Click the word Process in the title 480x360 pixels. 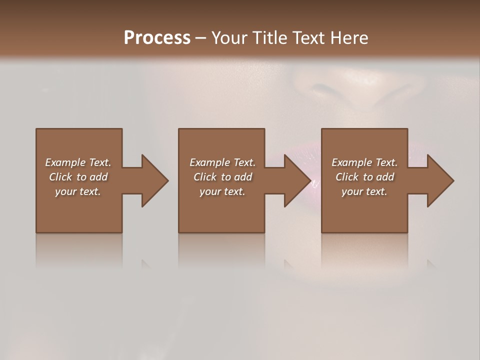(x=157, y=38)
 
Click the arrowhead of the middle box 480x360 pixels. (x=297, y=181)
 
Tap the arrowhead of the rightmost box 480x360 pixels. (x=440, y=181)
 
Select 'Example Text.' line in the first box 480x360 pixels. (x=78, y=162)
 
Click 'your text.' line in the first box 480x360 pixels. (x=78, y=191)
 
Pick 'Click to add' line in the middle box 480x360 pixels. (x=222, y=177)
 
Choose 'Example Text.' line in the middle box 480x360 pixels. (x=222, y=162)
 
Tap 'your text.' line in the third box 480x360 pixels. (x=364, y=191)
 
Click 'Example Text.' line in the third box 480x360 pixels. (x=364, y=162)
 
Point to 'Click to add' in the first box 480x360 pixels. (x=78, y=177)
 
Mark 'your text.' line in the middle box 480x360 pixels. (x=222, y=191)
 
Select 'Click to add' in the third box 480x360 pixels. (x=364, y=177)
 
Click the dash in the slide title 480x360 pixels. (x=200, y=38)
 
